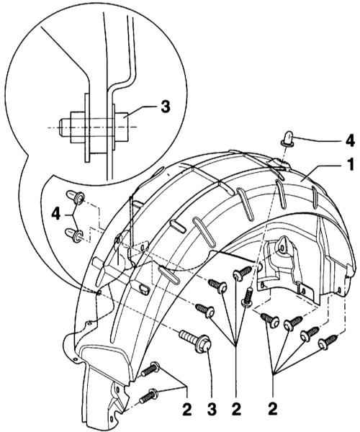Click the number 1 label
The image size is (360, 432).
[350, 165]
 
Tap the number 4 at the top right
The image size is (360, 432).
[350, 141]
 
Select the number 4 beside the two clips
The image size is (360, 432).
[56, 214]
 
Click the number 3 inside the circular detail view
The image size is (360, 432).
[166, 106]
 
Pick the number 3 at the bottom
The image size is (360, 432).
[212, 409]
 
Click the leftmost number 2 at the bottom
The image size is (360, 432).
[186, 409]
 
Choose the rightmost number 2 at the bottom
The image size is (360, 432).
[273, 409]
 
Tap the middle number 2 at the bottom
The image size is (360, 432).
[236, 409]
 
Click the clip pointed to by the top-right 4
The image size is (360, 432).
[287, 138]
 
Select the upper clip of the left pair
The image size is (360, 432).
[75, 197]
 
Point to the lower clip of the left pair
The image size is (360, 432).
[74, 235]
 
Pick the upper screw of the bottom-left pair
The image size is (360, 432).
[150, 369]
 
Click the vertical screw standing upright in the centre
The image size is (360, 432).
[248, 296]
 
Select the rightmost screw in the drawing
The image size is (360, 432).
[328, 343]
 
